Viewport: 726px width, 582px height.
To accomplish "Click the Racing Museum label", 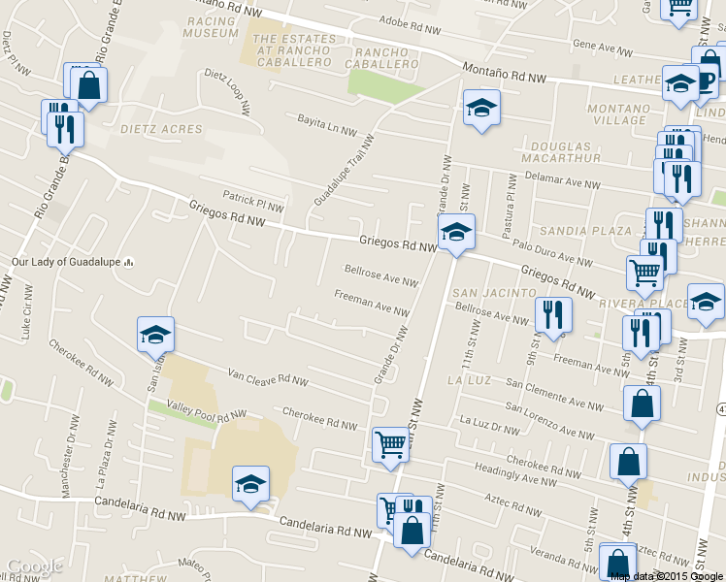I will [x=210, y=25].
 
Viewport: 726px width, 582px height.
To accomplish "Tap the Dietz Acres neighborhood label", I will [x=161, y=129].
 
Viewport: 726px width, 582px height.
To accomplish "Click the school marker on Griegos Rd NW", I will [x=455, y=232].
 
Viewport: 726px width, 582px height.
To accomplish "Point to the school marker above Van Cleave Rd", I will [x=155, y=336].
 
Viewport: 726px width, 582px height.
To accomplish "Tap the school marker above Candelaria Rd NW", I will [x=250, y=484].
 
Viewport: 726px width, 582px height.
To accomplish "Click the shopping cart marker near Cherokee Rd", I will [x=390, y=445].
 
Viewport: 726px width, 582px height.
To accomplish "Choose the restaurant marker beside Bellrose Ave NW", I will [x=553, y=314].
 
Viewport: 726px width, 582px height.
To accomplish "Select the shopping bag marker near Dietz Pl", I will [x=88, y=84].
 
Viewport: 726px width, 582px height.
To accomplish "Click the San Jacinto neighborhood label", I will [x=495, y=292].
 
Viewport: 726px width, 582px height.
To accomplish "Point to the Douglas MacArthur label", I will [x=560, y=151].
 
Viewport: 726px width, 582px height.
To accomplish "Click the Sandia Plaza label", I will [x=585, y=231].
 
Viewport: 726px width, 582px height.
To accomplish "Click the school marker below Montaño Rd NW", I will [x=480, y=108].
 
